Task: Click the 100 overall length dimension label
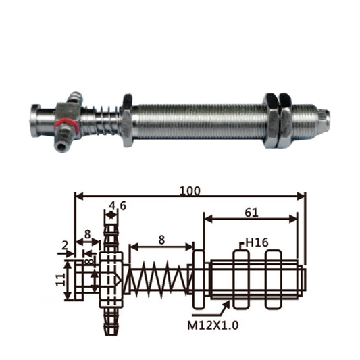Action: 190,190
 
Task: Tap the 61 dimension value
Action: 251,213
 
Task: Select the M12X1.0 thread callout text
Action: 213,326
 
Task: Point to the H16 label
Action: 257,242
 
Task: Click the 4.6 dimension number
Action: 118,206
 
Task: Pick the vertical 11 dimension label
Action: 61,280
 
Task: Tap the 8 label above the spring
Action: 161,240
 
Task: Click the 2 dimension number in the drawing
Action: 65,246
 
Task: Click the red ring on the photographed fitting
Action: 67,124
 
